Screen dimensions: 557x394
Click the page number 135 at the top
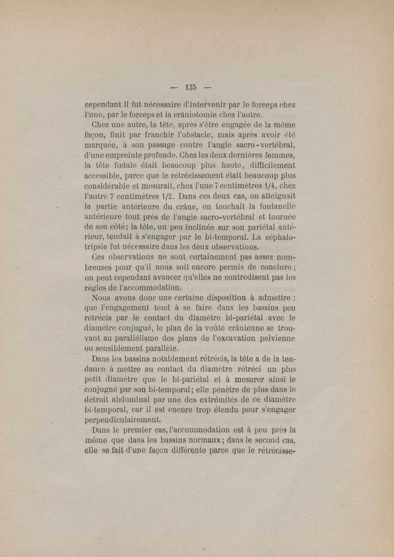point(192,88)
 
